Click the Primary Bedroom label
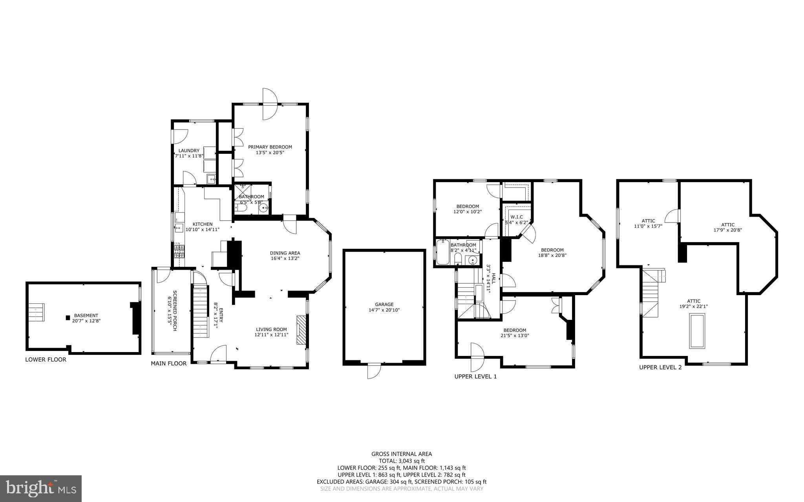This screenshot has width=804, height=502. point(270,147)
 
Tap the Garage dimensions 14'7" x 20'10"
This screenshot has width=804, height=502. point(384,310)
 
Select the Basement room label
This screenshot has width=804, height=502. point(86,315)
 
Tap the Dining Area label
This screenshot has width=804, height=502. point(285,253)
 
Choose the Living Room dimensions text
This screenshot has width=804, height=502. point(271,335)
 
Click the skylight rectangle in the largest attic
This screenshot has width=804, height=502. point(697,330)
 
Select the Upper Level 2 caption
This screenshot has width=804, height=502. point(660,367)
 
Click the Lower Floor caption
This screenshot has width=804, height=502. point(46,360)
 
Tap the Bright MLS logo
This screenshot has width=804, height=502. point(41,488)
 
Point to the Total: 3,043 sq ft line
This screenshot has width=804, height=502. point(402,461)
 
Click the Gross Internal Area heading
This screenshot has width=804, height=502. point(402,454)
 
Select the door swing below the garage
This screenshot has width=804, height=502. point(374,371)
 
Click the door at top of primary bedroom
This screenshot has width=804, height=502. point(270,104)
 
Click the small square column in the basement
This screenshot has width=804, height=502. point(68,317)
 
